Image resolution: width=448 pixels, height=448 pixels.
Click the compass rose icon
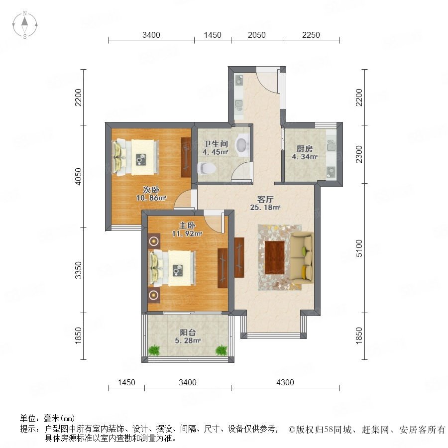25,25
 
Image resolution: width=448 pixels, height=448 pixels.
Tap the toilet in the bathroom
206,168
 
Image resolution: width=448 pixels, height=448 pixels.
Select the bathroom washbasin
242,145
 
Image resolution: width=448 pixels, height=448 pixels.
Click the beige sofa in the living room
302,258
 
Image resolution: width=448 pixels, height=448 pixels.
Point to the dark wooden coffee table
275,257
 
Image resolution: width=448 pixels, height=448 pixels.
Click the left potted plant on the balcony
154,350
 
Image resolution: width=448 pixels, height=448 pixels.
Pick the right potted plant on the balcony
221,350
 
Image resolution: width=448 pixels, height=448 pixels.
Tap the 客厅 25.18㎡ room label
265,203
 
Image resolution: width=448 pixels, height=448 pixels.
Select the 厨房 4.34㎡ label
305,153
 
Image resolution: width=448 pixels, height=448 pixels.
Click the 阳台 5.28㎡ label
188,336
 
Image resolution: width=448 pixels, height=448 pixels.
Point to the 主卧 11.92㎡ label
187,229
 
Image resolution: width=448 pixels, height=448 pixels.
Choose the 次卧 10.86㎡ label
151,194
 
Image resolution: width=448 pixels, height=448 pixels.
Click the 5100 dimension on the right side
359,248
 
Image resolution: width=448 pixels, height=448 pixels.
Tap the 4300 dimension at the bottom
285,382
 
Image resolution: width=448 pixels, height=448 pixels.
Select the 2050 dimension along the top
256,35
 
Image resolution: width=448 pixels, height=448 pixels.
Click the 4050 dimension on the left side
78,176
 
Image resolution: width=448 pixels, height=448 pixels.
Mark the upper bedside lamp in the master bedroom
154,241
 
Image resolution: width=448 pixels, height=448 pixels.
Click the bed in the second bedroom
136,156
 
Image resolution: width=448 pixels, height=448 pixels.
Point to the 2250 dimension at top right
311,35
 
